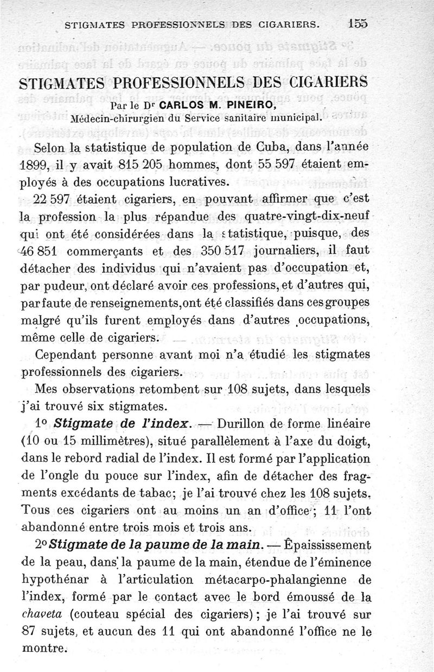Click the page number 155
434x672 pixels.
(x=358, y=23)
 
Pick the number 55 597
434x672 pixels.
(x=293, y=166)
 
